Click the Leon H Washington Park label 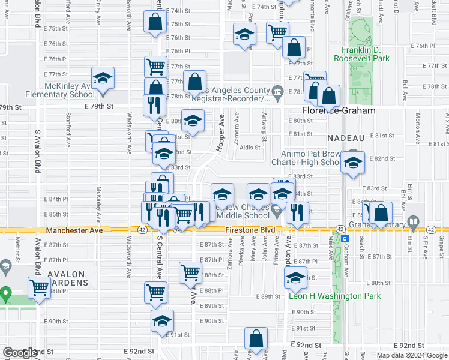[335, 296]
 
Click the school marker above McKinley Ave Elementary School [103, 79]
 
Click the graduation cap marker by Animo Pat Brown [353, 163]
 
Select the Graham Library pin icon [413, 223]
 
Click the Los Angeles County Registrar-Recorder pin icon [277, 92]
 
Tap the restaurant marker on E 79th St [154, 104]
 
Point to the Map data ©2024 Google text [411, 355]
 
